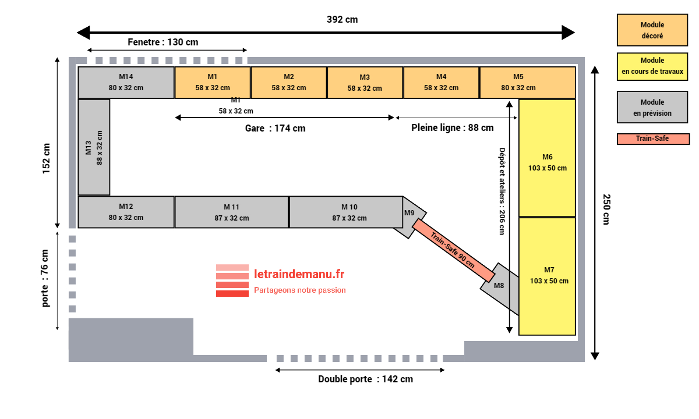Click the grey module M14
coord(126,83)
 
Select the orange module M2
coord(289,83)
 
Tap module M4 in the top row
coord(441,83)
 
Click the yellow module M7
coord(547,276)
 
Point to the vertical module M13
coord(94,147)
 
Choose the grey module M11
coord(231,212)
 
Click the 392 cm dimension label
coord(342,20)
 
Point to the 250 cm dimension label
coord(606,210)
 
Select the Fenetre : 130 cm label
coord(163,42)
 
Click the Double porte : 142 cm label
coord(365,379)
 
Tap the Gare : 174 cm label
coord(275,128)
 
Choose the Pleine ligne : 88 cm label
coord(452,127)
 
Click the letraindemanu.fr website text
coord(299,274)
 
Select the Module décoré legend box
coord(652,30)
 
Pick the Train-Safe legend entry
coord(653,139)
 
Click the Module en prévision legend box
coord(652,108)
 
